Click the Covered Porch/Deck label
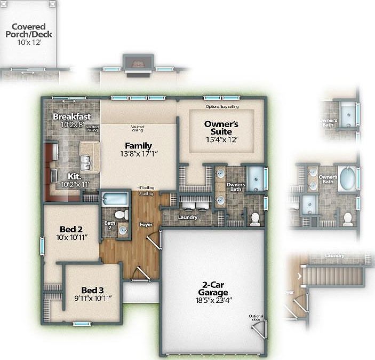click(29, 30)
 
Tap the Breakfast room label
click(71, 116)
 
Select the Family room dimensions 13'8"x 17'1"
click(138, 153)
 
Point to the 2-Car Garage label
click(212, 288)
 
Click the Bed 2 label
click(71, 229)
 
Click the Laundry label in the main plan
click(188, 217)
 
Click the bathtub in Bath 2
click(114, 199)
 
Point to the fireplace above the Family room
click(139, 64)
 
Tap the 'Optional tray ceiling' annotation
click(222, 107)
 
